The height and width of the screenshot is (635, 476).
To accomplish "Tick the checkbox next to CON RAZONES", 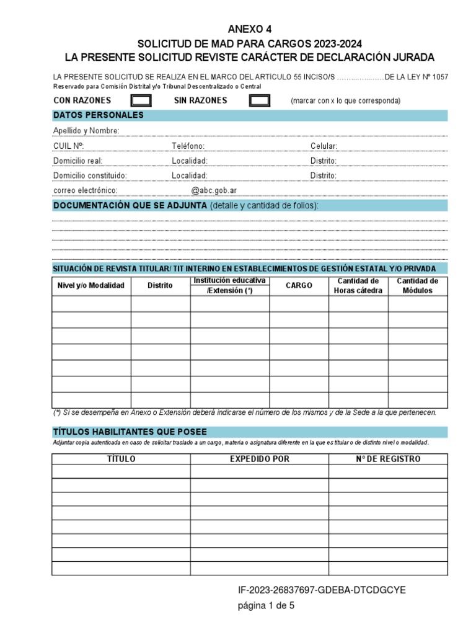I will click(141, 100).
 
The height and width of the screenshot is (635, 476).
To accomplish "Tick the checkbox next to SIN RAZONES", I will click(259, 100).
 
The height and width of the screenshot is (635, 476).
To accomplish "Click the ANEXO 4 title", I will click(250, 29).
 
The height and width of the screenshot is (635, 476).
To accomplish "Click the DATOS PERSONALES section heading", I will click(99, 115).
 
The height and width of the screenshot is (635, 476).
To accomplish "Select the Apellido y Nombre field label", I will click(87, 131).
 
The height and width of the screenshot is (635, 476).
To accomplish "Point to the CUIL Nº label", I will click(69, 146).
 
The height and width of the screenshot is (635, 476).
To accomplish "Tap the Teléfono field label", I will click(188, 146).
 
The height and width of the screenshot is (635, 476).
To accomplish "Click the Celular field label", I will click(324, 146).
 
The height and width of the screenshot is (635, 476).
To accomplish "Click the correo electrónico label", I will click(86, 191).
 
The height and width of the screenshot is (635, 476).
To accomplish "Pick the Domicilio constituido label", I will click(90, 175).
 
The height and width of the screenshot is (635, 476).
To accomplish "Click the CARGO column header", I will click(299, 286).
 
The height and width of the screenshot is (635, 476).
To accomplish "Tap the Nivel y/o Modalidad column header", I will click(91, 286).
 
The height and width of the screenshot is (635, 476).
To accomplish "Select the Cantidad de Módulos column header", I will click(418, 286).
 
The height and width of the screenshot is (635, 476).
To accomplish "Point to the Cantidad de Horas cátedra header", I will click(358, 286).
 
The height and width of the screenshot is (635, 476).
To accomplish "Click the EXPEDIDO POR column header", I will click(260, 460).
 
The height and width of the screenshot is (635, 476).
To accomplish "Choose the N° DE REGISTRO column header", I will click(388, 460).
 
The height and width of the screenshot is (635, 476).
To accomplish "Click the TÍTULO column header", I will click(121, 460).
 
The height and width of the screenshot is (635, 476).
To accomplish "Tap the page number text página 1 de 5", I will click(267, 606).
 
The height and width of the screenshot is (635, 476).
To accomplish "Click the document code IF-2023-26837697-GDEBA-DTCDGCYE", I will click(321, 590).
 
